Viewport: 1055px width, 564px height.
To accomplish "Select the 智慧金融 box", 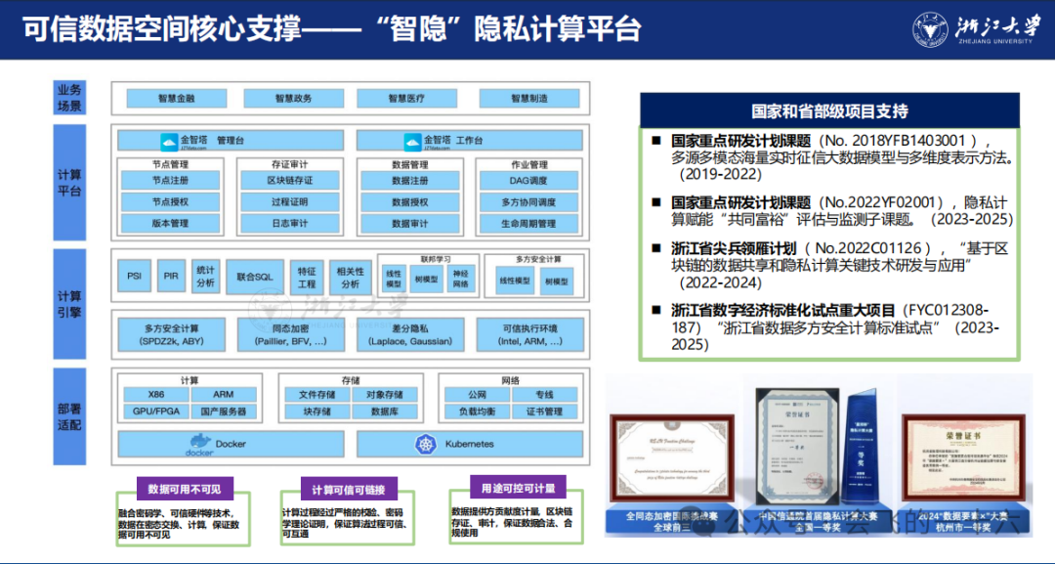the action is click(x=176, y=99).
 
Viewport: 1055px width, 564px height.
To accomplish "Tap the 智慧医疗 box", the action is click(x=405, y=99).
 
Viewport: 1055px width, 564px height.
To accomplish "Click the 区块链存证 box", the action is click(x=290, y=181).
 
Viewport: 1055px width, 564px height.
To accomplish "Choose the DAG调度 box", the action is click(x=527, y=181).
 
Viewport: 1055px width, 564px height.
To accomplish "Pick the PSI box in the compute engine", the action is click(x=134, y=277).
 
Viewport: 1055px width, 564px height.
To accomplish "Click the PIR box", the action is click(x=171, y=277).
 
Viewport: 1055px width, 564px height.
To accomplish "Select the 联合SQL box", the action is click(x=254, y=277).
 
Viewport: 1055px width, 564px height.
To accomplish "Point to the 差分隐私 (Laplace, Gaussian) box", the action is click(x=410, y=334).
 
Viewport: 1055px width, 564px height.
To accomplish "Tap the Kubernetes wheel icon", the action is click(x=425, y=445).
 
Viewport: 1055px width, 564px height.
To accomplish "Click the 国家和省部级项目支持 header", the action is click(x=829, y=110).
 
